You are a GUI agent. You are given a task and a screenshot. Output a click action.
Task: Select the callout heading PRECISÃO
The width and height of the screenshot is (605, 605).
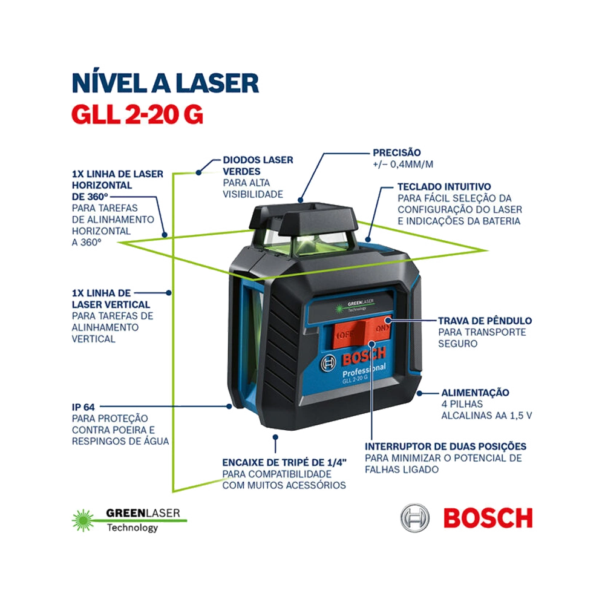pos(396,152)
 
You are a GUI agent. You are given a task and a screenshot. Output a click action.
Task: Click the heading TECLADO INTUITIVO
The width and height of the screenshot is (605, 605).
pos(444,186)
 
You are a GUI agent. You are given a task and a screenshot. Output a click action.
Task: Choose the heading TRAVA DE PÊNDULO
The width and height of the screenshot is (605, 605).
pos(485,320)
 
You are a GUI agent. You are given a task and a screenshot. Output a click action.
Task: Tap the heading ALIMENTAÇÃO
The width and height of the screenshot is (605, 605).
pos(475,393)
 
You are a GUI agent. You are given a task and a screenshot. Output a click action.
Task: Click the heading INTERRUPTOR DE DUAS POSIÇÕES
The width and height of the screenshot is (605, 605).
pos(445,446)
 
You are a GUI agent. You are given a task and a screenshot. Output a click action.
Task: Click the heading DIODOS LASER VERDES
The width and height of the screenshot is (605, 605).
pos(258,165)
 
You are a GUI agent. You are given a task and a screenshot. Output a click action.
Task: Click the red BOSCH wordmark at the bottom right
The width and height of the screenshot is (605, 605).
pos(488,518)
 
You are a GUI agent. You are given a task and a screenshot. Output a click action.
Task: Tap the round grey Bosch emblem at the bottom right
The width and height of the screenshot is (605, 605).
pos(415,518)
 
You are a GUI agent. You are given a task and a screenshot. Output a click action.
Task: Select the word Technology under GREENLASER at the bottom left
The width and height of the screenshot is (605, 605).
pos(132,528)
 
